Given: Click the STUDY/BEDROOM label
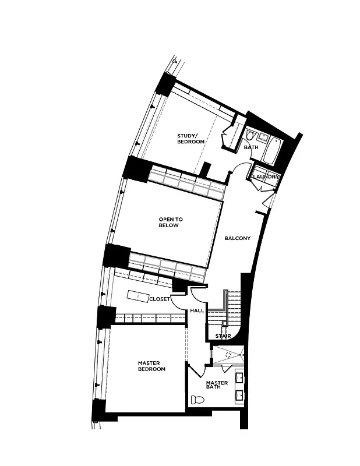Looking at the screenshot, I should [x=190, y=139].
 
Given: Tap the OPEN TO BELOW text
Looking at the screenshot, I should [x=171, y=223].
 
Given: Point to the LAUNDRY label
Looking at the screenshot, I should [x=266, y=176].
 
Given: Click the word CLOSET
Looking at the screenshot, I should [x=159, y=299].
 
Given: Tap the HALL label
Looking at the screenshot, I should [x=197, y=310].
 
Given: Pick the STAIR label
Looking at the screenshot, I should [x=223, y=336].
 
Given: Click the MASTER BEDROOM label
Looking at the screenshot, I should [x=151, y=366].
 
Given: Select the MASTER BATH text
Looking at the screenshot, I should [x=217, y=385].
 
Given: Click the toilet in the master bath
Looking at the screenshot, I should [x=197, y=400].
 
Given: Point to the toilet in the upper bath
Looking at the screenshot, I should [x=250, y=136].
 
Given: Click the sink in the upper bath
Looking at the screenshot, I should [x=264, y=137].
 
